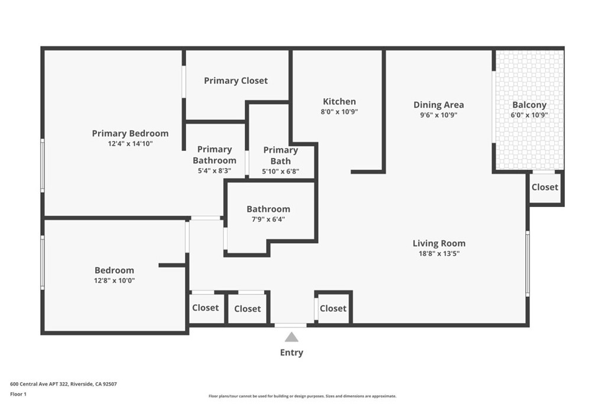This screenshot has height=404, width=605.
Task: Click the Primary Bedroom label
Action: (x=130, y=133)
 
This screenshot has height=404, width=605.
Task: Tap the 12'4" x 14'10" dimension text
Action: (x=130, y=143)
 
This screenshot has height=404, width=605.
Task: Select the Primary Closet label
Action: (x=236, y=80)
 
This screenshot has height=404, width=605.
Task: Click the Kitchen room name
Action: (x=339, y=101)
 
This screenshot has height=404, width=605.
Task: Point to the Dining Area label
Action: (x=438, y=105)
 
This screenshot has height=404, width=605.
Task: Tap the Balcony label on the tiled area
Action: (x=529, y=105)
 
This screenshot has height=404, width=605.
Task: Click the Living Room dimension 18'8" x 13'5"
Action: (x=438, y=253)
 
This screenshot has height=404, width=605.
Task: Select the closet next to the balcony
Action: (x=544, y=187)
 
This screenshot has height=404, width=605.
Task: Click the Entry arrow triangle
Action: (x=291, y=337)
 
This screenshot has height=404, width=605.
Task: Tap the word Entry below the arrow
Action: (x=291, y=353)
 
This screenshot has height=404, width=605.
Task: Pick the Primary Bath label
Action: (x=281, y=155)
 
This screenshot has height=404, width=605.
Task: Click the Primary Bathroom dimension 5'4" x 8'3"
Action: (x=214, y=170)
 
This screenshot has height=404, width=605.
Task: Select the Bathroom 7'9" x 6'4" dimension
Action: (x=268, y=219)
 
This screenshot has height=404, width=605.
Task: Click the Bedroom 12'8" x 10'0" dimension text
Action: (x=115, y=280)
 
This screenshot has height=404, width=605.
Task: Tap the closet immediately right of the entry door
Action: (x=333, y=308)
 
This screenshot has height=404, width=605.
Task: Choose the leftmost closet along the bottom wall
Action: (x=206, y=308)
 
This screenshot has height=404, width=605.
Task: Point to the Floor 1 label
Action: (x=19, y=394)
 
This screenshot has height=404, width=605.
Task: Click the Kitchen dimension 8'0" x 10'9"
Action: (x=339, y=111)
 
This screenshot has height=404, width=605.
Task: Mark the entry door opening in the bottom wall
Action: (x=291, y=325)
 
